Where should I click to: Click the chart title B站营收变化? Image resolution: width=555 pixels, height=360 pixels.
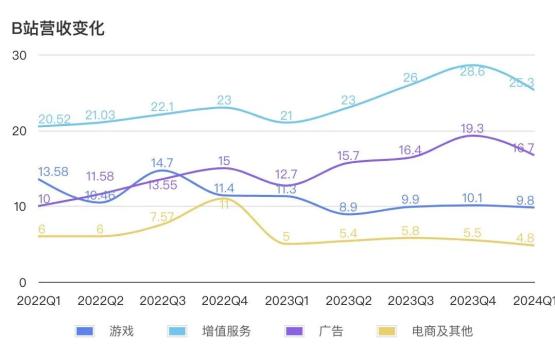point(58,28)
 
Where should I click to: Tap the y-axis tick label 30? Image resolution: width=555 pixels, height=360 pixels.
point(19,55)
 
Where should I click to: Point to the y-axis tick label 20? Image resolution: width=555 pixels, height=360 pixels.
point(19,131)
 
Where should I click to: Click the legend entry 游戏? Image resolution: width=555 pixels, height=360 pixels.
point(105,331)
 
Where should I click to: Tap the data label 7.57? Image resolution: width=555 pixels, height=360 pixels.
point(163,217)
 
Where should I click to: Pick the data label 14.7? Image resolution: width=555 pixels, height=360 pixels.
point(163,162)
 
